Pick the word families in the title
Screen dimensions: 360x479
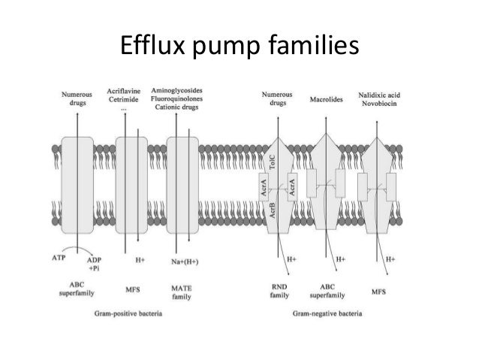click(x=306, y=47)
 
